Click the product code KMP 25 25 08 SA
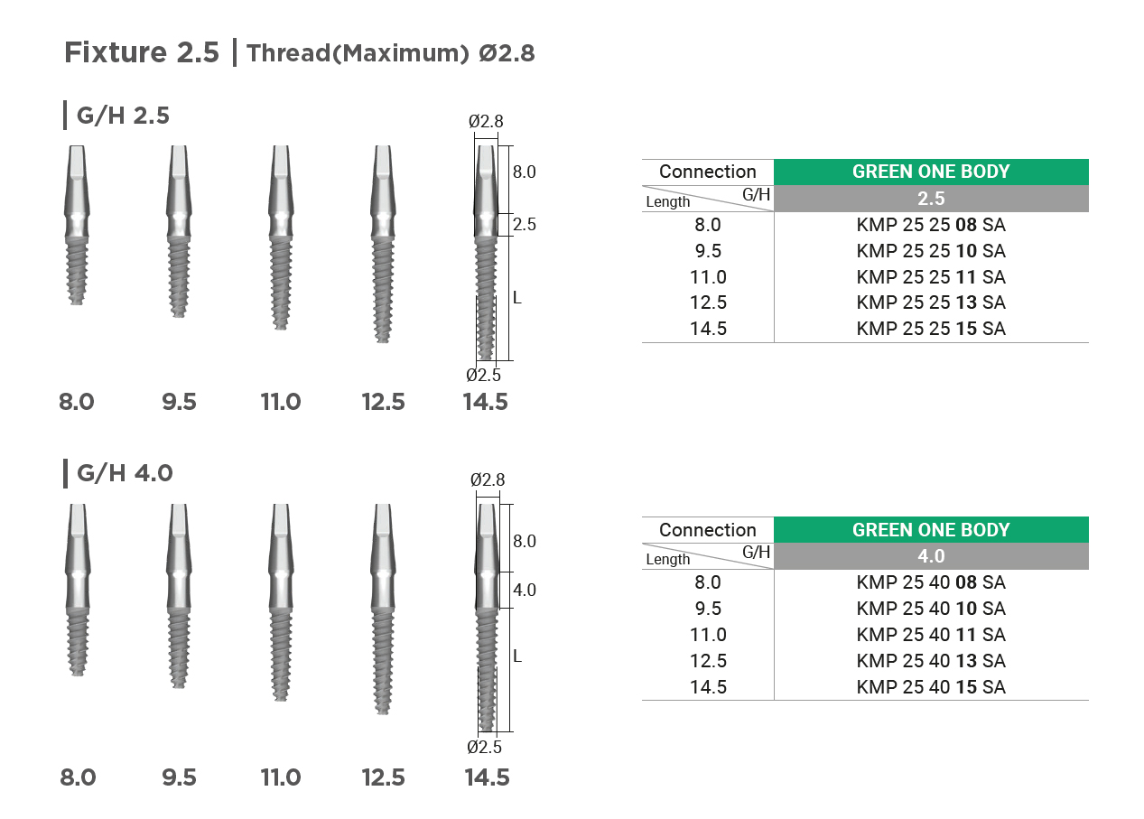tap(931, 225)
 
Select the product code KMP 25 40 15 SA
tap(931, 687)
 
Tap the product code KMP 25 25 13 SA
tap(931, 302)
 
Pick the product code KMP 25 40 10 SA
tap(931, 608)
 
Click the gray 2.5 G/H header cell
tap(931, 198)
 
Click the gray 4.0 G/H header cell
tap(931, 556)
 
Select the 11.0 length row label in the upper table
tap(708, 276)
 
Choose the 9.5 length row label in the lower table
tap(708, 608)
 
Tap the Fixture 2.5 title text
tap(142, 52)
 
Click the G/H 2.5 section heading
tap(123, 116)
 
